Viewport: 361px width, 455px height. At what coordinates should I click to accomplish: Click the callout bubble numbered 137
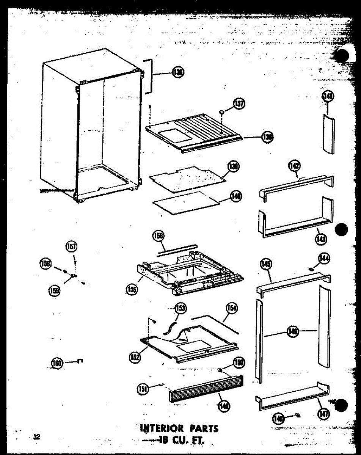click(240, 104)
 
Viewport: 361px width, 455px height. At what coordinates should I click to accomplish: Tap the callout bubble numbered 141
click(328, 97)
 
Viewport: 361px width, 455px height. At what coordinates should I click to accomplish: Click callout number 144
click(323, 259)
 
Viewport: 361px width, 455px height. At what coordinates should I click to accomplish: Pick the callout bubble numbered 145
click(266, 264)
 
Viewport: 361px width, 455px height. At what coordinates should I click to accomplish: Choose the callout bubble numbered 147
click(323, 414)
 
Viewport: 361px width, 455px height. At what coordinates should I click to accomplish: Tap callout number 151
click(143, 388)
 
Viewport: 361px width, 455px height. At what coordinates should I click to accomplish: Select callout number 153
click(181, 309)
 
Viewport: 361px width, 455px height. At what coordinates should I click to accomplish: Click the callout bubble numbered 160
click(57, 363)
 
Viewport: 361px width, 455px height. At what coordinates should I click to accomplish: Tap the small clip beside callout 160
click(80, 361)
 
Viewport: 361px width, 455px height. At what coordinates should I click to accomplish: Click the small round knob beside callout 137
click(221, 112)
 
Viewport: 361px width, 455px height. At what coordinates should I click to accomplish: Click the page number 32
click(36, 437)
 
